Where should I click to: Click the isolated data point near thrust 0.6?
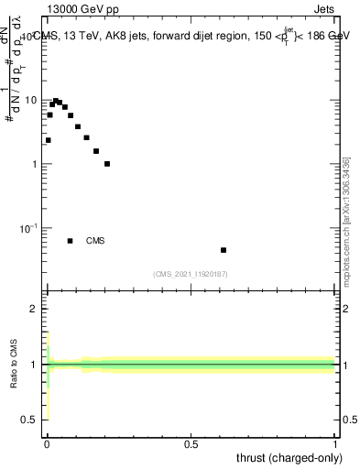[x=224, y=250]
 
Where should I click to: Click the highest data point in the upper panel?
[x=56, y=101]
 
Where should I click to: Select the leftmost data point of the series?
[x=48, y=140]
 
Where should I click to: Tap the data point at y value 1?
[x=107, y=164]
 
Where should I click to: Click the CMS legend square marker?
[x=71, y=241]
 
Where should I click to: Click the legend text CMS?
[x=95, y=241]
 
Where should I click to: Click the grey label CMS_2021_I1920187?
[x=191, y=273]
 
